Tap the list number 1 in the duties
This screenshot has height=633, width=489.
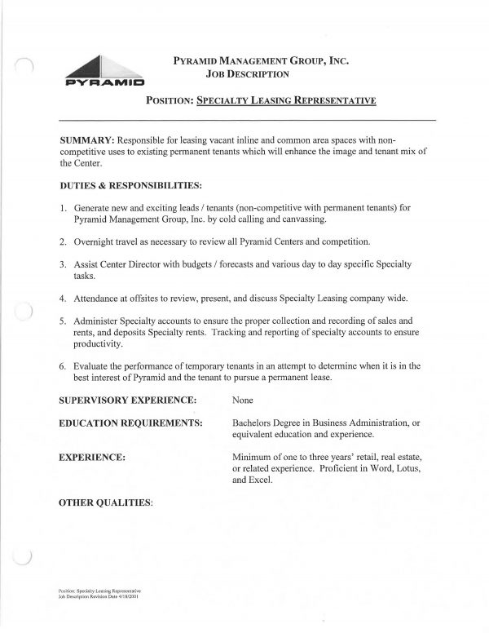coord(63,208)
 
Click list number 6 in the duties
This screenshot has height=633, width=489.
coord(63,366)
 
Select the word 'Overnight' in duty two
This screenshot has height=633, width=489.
coord(96,242)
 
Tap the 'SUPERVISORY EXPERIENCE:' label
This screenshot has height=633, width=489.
coord(128,401)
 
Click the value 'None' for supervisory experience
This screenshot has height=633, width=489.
coord(244,401)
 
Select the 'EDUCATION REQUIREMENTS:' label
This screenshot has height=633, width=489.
coord(130,425)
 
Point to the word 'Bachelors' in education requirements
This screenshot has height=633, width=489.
coord(256,425)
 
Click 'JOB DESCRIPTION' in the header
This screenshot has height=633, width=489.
coord(248,75)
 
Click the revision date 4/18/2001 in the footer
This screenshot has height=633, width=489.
coord(134,597)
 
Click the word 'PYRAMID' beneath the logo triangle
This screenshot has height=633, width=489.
coord(105,82)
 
